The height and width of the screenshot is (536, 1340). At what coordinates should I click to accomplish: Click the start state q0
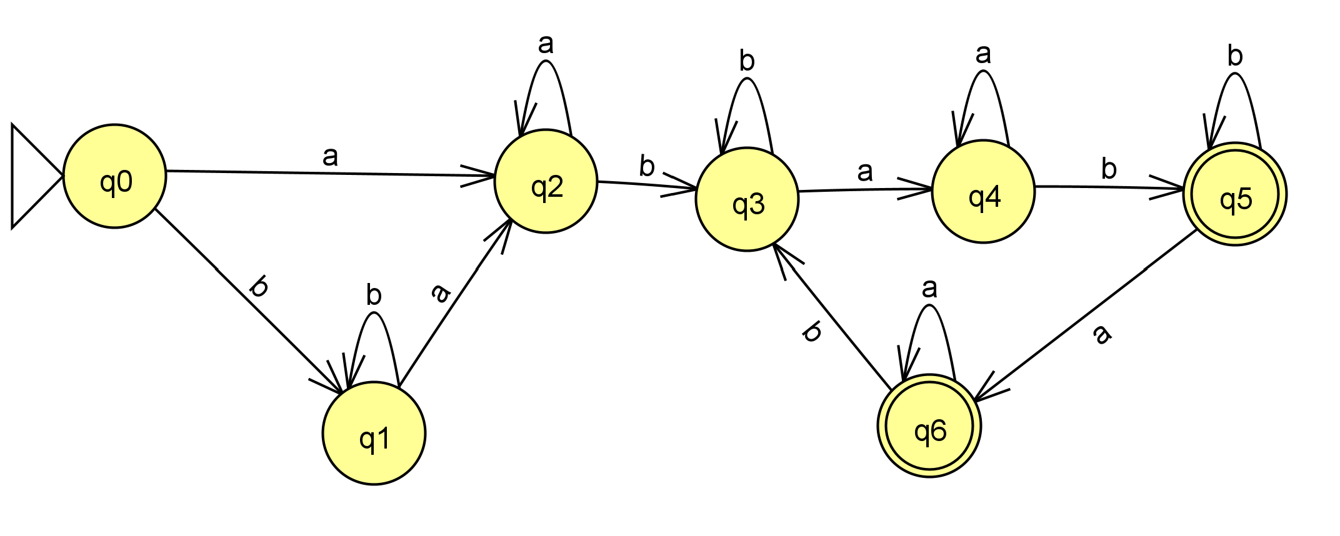[114, 176]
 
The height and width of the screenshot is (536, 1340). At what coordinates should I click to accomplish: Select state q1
[374, 433]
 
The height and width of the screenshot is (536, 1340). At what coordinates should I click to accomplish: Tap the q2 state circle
[546, 181]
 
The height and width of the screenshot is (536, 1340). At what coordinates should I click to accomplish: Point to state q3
[747, 199]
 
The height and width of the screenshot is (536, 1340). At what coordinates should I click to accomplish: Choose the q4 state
[983, 191]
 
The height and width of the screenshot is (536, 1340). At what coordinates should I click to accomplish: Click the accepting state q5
[1234, 194]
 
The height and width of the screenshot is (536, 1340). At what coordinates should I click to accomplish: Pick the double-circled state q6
[929, 426]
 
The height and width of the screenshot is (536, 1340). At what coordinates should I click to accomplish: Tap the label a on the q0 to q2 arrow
[330, 156]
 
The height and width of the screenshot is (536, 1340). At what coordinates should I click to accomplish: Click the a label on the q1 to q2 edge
[441, 292]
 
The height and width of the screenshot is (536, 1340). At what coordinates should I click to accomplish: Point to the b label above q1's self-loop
[374, 295]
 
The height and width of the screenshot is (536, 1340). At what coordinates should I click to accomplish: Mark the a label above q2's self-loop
[546, 44]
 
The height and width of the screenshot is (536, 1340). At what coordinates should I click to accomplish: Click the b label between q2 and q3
[647, 166]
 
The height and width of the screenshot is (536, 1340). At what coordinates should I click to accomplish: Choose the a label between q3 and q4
[865, 171]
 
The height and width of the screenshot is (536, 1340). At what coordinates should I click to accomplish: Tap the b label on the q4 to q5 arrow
[1109, 169]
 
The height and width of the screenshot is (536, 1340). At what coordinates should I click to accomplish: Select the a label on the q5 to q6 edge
[1102, 334]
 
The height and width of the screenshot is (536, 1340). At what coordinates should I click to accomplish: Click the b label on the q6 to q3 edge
[812, 332]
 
